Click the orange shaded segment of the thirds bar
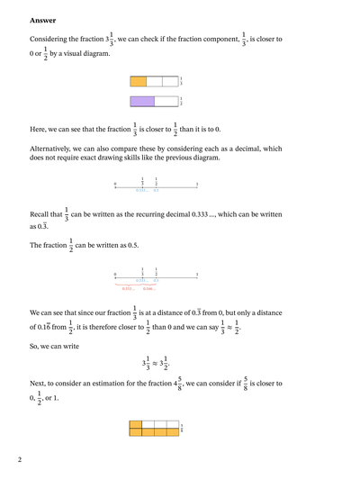coord(138,81)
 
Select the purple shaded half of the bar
coord(142,102)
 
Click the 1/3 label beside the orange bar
coord(181,81)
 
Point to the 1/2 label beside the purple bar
coord(181,102)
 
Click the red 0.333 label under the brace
coord(130,288)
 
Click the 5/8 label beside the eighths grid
coord(182,428)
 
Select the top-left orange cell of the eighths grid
coord(136,423)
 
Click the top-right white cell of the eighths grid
coord(174,423)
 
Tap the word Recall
coord(40,217)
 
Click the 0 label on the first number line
coord(114,185)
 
